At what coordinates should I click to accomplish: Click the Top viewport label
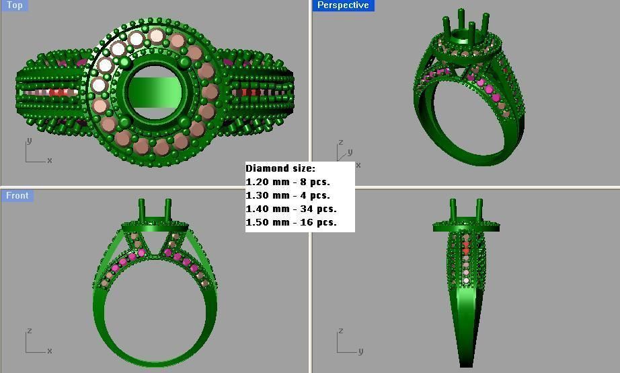pyautogui.click(x=14, y=5)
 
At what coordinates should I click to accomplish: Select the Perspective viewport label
pyautogui.click(x=343, y=5)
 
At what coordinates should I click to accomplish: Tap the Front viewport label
pyautogui.click(x=17, y=196)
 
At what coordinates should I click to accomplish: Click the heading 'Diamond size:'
pyautogui.click(x=280, y=169)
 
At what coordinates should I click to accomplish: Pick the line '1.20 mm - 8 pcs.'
pyautogui.click(x=288, y=182)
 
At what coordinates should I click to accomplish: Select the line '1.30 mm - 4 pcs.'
pyautogui.click(x=288, y=196)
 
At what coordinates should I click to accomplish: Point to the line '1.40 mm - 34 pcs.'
pyautogui.click(x=290, y=209)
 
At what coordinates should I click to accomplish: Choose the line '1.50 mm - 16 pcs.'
pyautogui.click(x=290, y=223)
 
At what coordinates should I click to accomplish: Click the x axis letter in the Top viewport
pyautogui.click(x=50, y=160)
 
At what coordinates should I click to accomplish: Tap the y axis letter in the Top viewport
pyautogui.click(x=28, y=141)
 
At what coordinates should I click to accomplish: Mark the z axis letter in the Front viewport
pyautogui.click(x=28, y=331)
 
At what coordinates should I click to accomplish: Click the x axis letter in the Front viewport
pyautogui.click(x=50, y=351)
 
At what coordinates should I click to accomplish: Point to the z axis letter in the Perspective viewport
pyautogui.click(x=341, y=142)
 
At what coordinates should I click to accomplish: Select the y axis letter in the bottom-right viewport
pyautogui.click(x=360, y=351)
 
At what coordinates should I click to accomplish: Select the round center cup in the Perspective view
pyautogui.click(x=461, y=36)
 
